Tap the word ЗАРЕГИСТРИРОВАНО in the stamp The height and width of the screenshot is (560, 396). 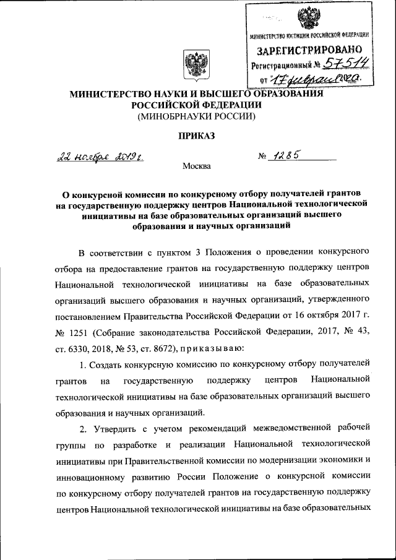tap(309, 49)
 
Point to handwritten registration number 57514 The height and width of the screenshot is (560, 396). tap(342, 64)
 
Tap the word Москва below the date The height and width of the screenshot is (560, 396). tap(196, 166)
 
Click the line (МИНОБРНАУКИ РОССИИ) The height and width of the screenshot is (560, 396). tap(196, 116)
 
